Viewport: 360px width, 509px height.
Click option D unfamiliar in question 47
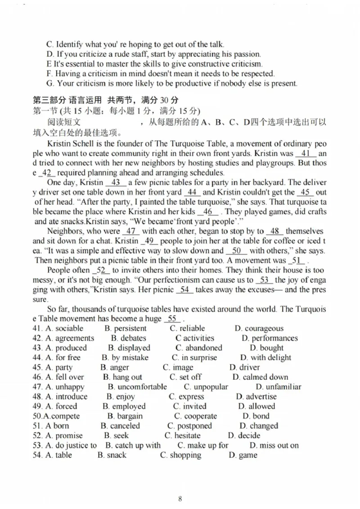point(278,387)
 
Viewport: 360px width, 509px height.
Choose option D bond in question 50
point(256,416)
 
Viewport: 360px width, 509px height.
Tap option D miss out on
point(274,445)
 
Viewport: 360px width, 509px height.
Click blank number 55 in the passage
point(172,319)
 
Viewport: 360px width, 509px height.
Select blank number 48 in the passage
point(274,231)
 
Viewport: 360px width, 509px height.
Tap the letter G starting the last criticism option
point(49,83)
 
